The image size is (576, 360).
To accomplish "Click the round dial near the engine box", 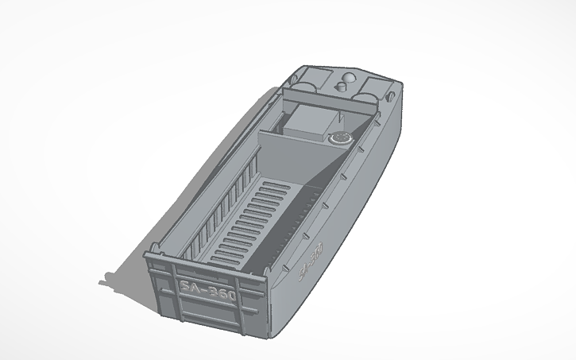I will [339, 139].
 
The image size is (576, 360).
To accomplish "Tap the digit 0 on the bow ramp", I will [230, 294].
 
